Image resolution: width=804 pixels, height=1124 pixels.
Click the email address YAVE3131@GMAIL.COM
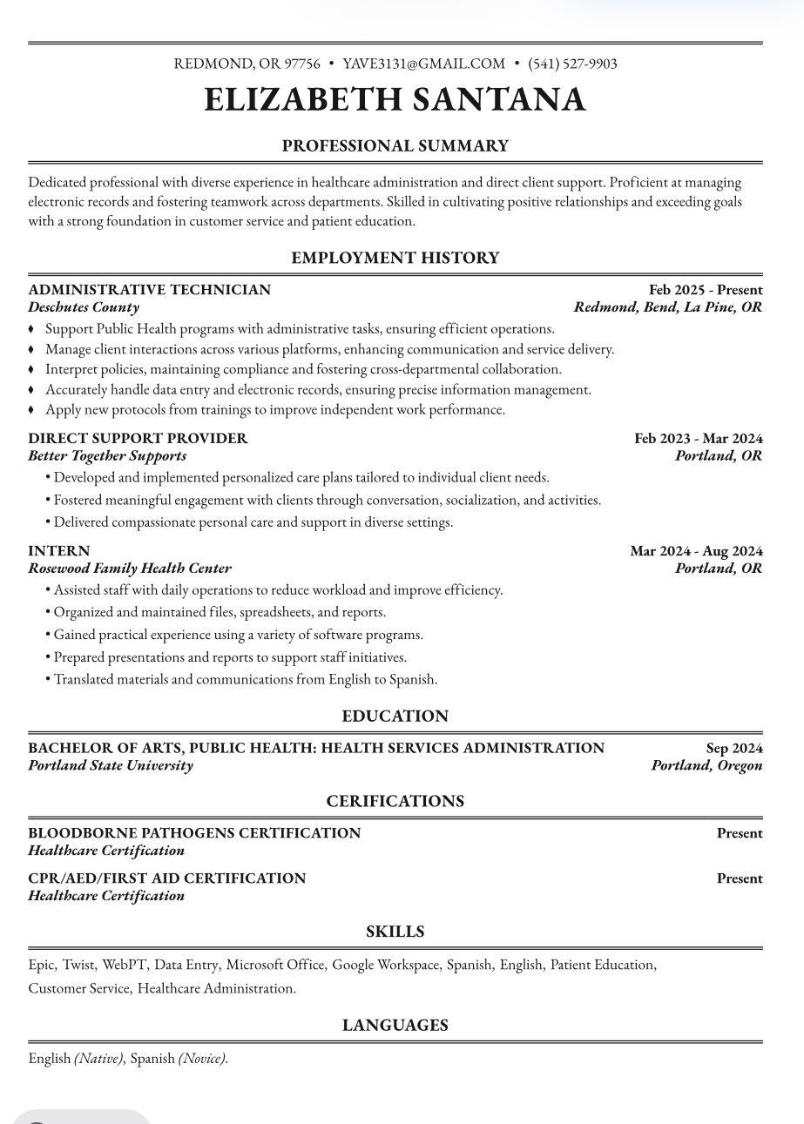[423, 64]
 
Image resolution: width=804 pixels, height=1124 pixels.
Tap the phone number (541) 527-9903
[572, 64]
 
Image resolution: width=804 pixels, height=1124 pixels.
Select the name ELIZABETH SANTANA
[395, 100]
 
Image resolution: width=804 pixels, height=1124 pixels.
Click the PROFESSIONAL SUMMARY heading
[395, 146]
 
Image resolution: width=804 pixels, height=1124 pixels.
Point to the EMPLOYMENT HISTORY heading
[395, 258]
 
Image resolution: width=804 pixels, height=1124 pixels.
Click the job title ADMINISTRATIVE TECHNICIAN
[149, 290]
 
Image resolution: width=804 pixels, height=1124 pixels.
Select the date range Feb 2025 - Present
[706, 290]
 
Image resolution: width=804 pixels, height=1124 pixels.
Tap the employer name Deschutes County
[84, 307]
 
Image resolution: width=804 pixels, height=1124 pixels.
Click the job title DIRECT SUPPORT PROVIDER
[138, 439]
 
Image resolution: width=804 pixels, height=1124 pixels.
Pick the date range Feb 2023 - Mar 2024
[698, 439]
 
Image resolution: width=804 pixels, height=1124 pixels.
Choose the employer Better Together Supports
[107, 456]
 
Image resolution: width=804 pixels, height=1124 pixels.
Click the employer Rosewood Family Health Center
[130, 569]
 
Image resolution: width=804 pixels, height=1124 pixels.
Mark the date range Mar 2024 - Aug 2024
[696, 551]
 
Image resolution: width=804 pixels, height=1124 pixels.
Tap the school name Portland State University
[111, 766]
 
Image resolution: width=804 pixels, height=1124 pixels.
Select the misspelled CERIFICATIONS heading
[395, 801]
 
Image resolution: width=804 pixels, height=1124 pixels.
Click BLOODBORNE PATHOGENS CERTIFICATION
[194, 833]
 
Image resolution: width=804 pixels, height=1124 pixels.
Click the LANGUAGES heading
[395, 1026]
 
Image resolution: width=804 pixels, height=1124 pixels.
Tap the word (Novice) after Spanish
[202, 1059]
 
